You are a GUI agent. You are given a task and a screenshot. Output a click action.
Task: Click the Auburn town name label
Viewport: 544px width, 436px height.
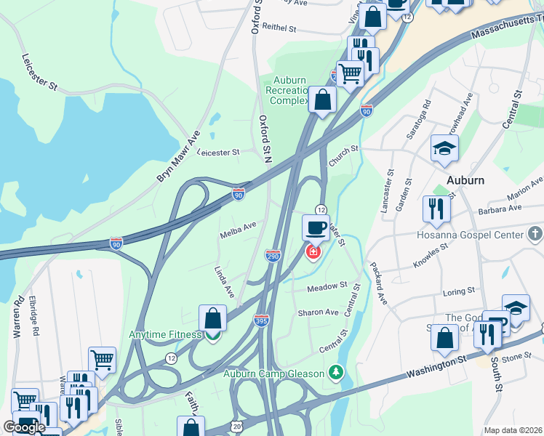tap(465, 179)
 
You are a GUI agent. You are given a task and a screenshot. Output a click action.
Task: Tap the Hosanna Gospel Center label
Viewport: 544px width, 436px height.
tap(470, 235)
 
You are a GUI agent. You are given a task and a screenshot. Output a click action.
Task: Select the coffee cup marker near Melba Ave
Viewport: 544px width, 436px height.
tap(316, 227)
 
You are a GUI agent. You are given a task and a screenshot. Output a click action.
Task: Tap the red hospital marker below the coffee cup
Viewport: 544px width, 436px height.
tap(313, 252)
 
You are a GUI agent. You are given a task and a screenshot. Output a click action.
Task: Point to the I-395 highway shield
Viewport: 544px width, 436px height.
tap(262, 320)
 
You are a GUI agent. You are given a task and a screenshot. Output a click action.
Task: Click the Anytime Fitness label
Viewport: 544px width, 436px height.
tap(164, 335)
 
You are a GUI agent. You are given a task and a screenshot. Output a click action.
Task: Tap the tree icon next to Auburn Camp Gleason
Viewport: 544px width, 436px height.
tap(335, 374)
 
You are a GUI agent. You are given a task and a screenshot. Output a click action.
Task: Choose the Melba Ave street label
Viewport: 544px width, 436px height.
tap(238, 230)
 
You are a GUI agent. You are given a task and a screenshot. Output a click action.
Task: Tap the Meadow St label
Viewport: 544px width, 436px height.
tap(327, 287)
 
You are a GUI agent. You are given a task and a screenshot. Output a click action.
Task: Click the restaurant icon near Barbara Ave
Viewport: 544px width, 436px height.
tap(436, 209)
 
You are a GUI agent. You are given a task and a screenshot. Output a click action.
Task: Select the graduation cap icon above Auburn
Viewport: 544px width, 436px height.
tap(444, 149)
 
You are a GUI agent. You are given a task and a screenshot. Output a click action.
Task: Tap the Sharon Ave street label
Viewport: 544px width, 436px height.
tap(318, 312)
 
